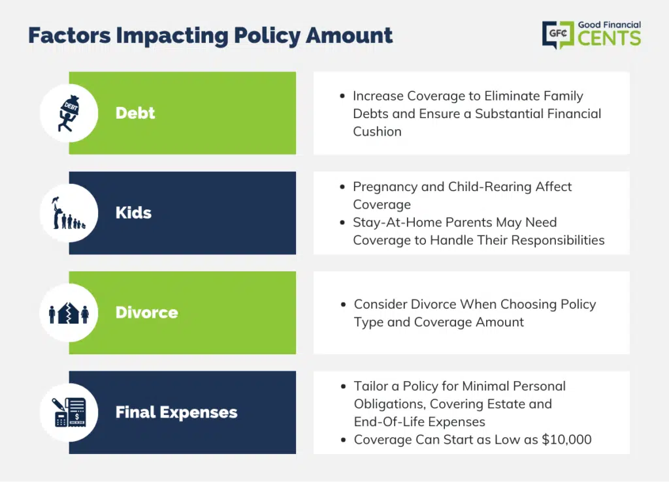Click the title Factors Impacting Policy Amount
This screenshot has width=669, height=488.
[210, 36]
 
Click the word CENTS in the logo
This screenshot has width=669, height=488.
[610, 38]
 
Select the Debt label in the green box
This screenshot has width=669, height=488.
[135, 113]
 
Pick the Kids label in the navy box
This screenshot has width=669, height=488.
[133, 213]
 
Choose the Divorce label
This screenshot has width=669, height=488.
[147, 313]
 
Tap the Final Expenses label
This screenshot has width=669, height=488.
[176, 412]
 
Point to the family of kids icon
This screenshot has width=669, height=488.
[69, 213]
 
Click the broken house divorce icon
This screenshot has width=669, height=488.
[69, 313]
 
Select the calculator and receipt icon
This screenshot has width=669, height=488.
[69, 412]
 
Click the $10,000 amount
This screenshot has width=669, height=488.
[566, 440]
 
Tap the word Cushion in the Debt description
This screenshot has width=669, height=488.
[377, 131]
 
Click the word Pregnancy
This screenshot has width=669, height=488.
[385, 187]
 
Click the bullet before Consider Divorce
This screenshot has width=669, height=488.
[343, 304]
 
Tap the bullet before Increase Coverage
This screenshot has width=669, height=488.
[342, 96]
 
